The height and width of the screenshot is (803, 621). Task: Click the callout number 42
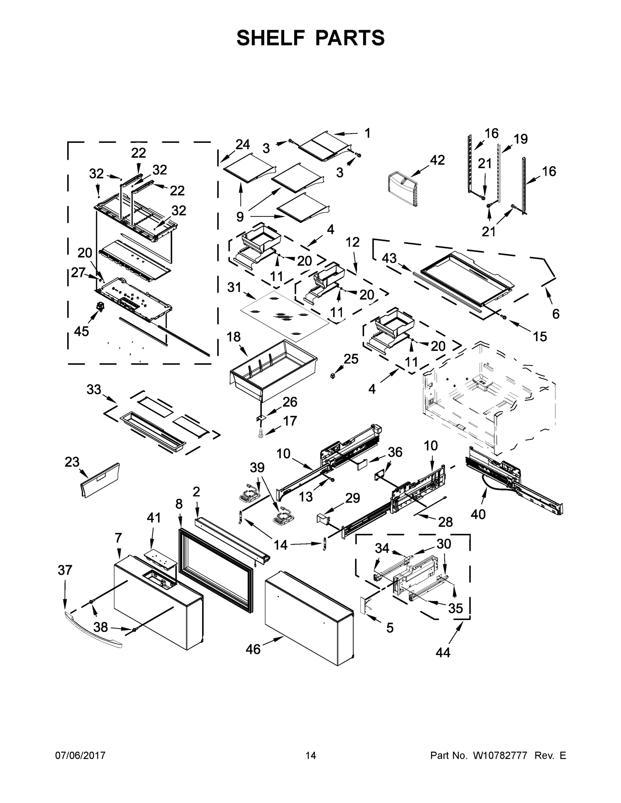[437, 160]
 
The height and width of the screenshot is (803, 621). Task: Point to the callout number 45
[81, 331]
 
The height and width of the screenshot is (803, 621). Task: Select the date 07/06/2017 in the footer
[80, 755]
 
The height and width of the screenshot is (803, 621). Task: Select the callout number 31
[234, 287]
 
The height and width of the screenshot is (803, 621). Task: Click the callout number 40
[478, 515]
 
